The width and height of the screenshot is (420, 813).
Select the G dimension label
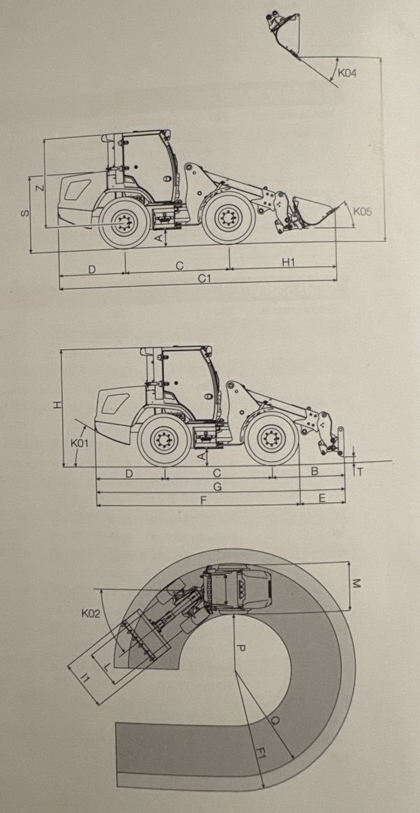217,486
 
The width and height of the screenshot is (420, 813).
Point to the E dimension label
322,498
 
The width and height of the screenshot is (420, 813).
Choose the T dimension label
360,472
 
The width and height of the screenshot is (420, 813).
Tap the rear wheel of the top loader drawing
125,222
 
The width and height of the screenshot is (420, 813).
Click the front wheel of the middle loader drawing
272,438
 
